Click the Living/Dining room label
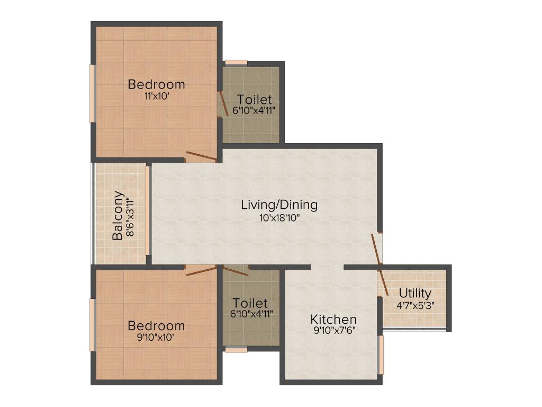pos(279,204)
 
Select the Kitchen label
pos(333,320)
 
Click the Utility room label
pos(415,293)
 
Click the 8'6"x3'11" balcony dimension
pos(130,216)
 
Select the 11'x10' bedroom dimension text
pos(157,96)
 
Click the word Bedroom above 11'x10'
pos(157,84)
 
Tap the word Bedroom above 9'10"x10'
pos(157,325)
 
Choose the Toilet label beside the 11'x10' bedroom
pos(255,99)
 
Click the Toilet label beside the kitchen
pos(250,303)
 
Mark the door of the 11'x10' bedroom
pos(201,156)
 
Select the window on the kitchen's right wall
pos(380,355)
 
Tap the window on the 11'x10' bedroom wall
pos(92,93)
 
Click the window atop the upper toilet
pos(236,63)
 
